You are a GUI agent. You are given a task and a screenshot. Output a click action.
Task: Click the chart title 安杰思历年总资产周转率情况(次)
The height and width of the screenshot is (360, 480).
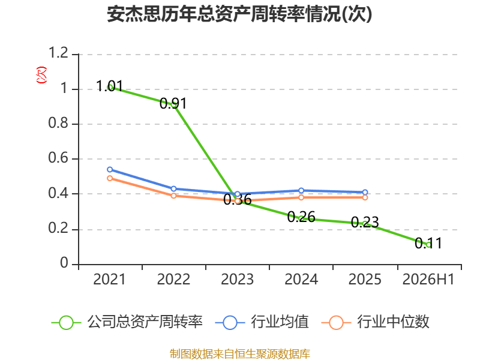(x=239, y=14)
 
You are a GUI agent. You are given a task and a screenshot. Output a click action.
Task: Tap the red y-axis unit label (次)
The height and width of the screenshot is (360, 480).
(x=41, y=75)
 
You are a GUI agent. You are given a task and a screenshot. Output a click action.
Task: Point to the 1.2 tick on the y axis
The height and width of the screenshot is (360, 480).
(x=58, y=53)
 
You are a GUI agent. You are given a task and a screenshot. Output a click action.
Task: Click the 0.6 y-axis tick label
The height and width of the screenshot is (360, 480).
(x=58, y=158)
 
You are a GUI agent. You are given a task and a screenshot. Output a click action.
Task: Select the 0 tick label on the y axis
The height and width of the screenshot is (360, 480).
(x=64, y=263)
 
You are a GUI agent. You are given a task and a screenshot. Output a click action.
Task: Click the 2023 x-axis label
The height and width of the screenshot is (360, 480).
(x=237, y=279)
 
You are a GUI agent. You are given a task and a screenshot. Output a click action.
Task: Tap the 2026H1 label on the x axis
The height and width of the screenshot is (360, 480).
(x=428, y=279)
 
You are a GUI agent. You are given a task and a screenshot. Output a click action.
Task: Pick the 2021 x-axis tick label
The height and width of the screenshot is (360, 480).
(x=110, y=279)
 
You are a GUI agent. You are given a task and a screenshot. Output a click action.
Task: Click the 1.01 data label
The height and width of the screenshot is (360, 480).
(x=109, y=86)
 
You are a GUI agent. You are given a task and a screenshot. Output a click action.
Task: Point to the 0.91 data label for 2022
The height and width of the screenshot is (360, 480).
(x=173, y=103)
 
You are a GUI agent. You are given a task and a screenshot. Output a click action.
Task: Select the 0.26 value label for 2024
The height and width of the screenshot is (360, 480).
(x=301, y=217)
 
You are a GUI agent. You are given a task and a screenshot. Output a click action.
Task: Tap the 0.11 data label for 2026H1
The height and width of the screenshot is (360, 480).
(x=428, y=244)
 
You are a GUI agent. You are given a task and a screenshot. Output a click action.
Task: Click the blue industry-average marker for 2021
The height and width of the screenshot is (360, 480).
(x=110, y=170)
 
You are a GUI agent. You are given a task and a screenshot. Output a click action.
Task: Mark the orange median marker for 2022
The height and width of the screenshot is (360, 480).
(x=173, y=196)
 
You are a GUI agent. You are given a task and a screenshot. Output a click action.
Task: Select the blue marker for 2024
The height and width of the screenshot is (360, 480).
(x=301, y=191)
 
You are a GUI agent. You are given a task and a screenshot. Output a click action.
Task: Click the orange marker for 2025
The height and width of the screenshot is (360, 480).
(x=365, y=197)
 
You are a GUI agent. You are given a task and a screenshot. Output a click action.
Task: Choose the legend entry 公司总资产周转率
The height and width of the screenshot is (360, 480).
(x=127, y=322)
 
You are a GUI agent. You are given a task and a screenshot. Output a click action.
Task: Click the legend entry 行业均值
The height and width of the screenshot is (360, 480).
(x=262, y=322)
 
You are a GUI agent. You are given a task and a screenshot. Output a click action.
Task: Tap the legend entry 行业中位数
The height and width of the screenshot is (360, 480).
(x=376, y=322)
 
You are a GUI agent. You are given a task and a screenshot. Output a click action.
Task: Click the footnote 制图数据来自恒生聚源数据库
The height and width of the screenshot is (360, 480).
(x=239, y=354)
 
